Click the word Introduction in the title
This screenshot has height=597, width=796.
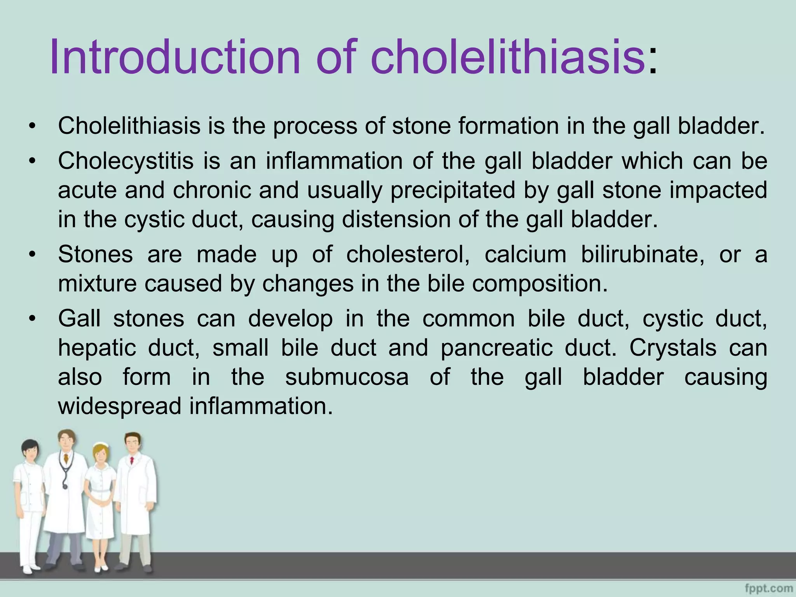(x=175, y=57)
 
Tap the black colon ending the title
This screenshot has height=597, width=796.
(x=653, y=62)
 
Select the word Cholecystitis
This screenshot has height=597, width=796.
(x=126, y=161)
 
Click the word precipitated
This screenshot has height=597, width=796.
(x=452, y=190)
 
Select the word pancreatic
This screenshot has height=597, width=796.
(x=496, y=347)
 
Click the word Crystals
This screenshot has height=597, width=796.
(x=673, y=347)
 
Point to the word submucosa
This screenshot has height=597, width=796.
(x=347, y=377)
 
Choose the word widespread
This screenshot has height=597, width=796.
(x=119, y=406)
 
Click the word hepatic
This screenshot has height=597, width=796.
(x=97, y=347)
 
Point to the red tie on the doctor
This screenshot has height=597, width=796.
(x=132, y=461)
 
